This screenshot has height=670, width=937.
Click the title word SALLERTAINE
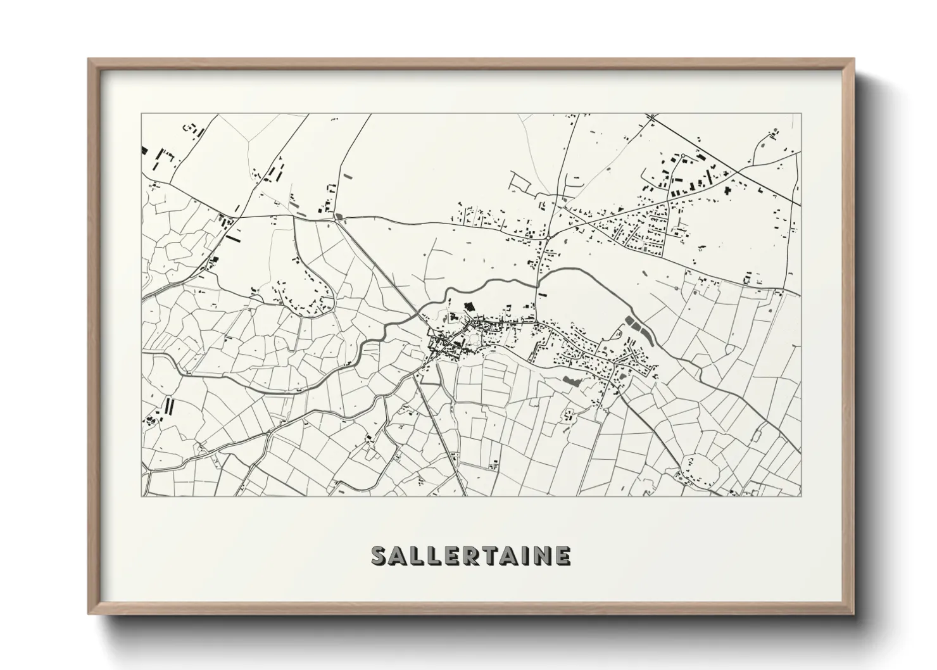471,555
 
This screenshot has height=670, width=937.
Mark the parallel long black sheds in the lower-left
169,406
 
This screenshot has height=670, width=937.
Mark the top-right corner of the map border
801,115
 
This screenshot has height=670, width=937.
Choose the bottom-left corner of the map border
142,496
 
